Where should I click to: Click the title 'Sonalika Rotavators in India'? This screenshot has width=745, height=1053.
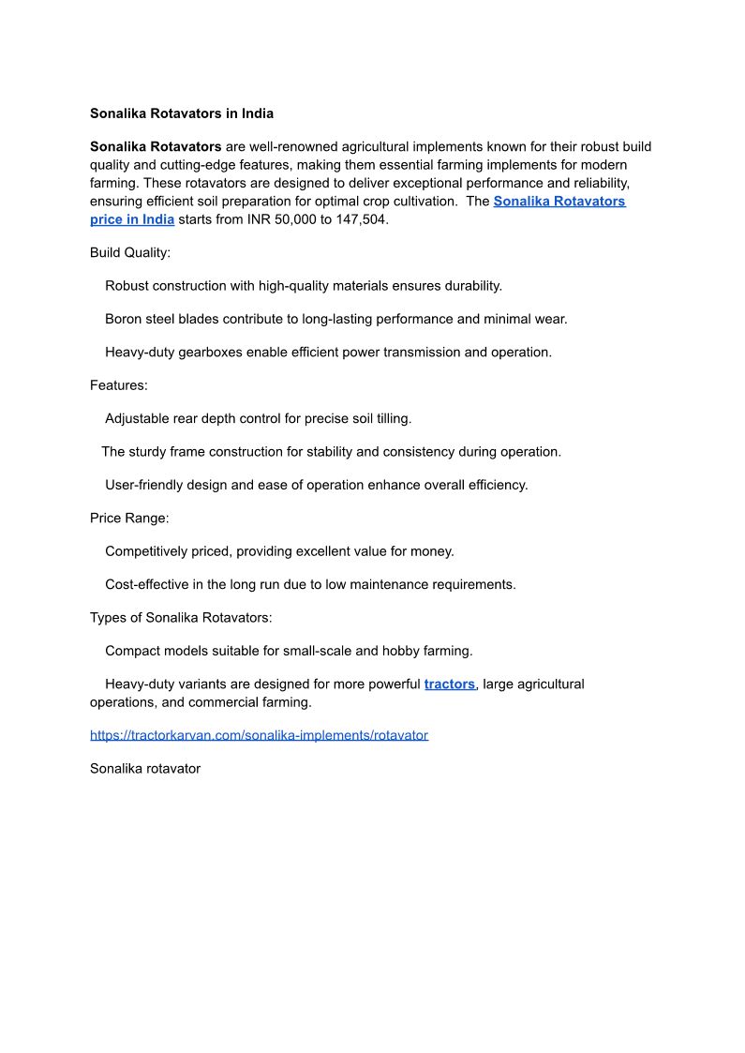click(182, 113)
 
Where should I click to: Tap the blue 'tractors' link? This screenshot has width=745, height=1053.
click(449, 684)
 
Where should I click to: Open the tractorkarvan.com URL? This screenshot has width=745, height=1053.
click(259, 735)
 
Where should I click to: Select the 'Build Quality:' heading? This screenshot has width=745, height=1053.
click(130, 253)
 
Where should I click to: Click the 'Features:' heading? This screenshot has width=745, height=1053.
click(118, 385)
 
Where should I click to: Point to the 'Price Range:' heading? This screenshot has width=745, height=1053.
click(129, 518)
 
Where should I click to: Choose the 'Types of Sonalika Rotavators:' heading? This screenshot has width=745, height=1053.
click(181, 618)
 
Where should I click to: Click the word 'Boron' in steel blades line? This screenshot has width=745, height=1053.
click(125, 319)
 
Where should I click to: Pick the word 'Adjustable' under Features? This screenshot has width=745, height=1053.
click(137, 418)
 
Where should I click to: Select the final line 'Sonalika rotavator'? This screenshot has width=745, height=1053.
click(145, 769)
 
